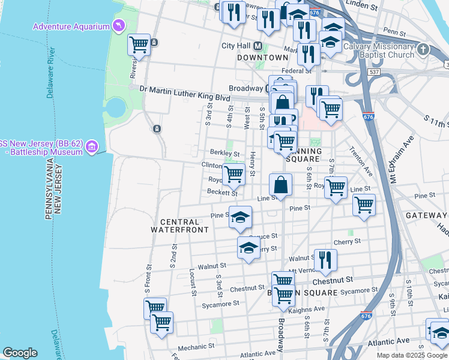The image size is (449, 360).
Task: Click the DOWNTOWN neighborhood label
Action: click(x=262, y=58)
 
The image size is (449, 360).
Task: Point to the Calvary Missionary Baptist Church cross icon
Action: click(x=424, y=50)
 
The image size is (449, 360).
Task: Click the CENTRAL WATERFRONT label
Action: click(x=179, y=226)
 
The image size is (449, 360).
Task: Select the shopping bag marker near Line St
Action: click(x=280, y=185)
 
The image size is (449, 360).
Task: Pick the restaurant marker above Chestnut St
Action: click(x=325, y=260)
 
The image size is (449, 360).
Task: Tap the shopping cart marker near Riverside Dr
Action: click(x=139, y=44)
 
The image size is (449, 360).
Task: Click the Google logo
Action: click(x=20, y=353)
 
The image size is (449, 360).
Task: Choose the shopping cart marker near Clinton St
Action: click(x=233, y=174)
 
